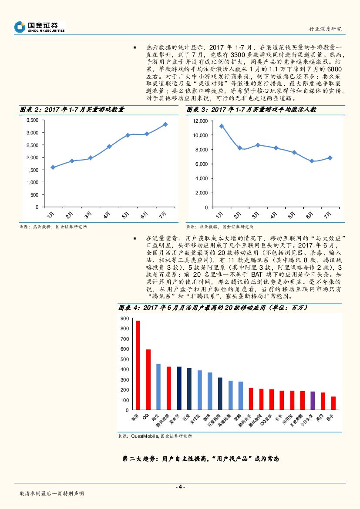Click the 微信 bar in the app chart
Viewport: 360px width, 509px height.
coord(138,365)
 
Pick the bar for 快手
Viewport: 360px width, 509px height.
coord(333,403)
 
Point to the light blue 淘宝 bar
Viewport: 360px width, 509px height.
coord(158,387)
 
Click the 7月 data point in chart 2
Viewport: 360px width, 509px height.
coord(165,124)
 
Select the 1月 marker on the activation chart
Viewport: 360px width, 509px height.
coord(221,126)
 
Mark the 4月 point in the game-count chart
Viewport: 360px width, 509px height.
coord(109,147)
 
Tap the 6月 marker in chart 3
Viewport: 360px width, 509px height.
coord(312,161)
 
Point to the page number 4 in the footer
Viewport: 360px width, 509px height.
coord(180,487)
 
